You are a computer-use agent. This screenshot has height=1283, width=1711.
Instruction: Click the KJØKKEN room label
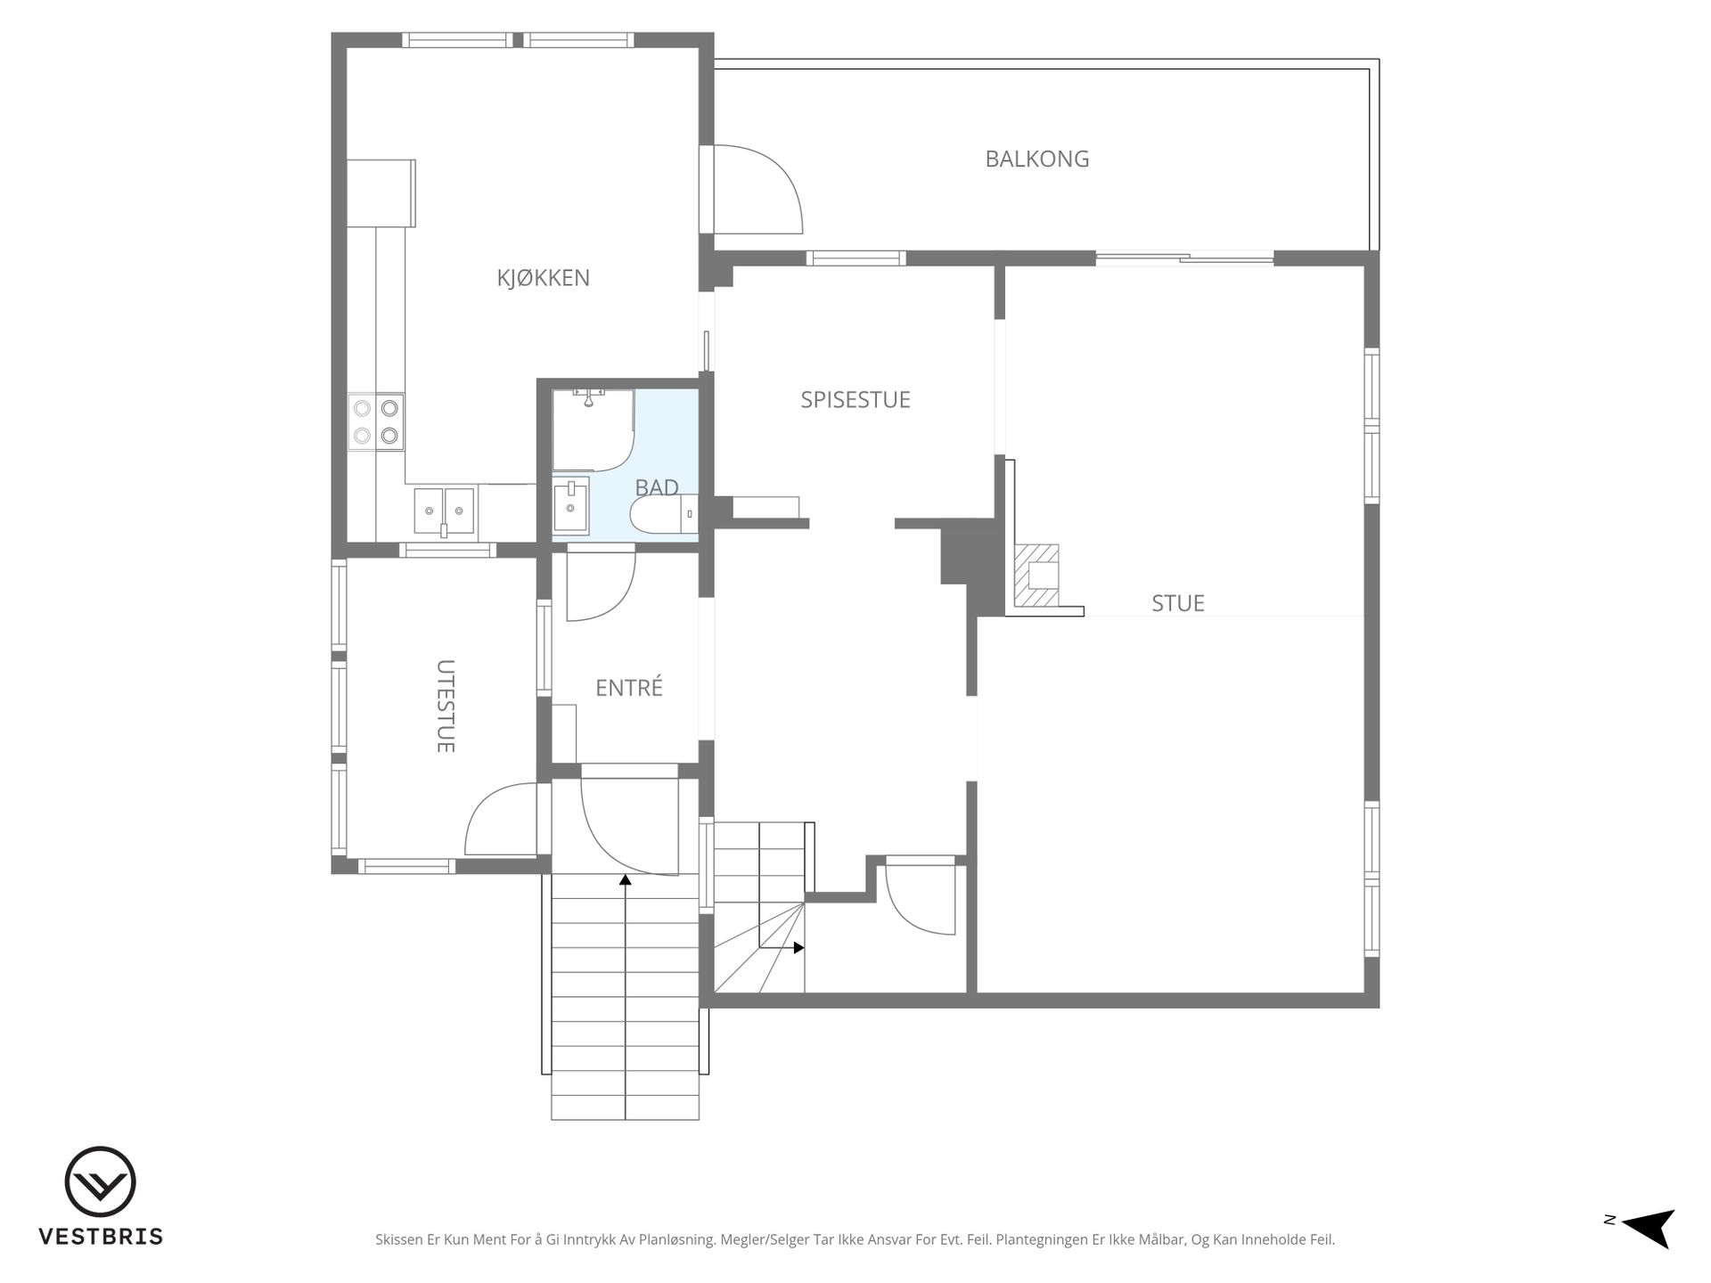(543, 278)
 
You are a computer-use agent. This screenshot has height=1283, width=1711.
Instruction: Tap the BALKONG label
(1036, 159)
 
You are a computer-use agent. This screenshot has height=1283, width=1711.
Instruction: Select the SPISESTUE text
(855, 400)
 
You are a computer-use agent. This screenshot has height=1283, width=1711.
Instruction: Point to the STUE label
(1177, 603)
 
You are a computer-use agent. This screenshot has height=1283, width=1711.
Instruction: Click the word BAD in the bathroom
(657, 487)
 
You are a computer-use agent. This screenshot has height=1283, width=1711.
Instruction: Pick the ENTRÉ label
(629, 687)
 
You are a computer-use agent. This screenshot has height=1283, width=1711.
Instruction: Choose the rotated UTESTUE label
(446, 706)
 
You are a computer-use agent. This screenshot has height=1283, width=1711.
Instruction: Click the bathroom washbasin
(570, 506)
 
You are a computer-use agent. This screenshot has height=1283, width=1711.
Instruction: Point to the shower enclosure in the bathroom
(593, 429)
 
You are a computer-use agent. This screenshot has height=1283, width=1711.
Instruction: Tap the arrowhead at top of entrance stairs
(626, 880)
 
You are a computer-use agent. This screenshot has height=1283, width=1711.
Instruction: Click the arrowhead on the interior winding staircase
(799, 948)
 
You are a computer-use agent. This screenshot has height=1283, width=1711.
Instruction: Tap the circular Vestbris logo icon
(100, 1181)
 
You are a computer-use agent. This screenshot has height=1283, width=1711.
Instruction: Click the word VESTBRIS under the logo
(100, 1237)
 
